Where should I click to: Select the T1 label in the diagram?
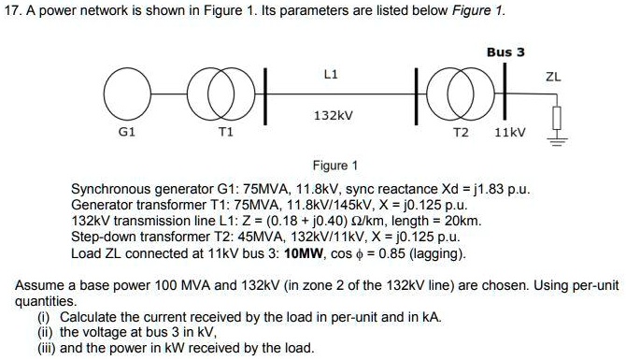223,133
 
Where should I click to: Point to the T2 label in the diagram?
460,133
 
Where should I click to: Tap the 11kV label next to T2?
509,133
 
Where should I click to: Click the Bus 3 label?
506,52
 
